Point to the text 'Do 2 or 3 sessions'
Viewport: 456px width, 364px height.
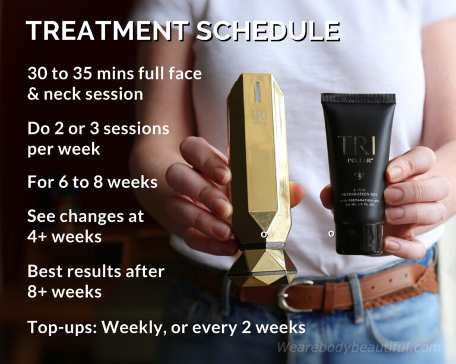coord(98,128)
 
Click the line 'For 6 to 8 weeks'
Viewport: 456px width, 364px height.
coord(92,181)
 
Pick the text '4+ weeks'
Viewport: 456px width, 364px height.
coord(65,236)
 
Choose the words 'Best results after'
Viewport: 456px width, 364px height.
coord(95,271)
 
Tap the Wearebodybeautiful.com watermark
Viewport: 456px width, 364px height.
coord(359,348)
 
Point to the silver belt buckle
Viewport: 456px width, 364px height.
coord(292,296)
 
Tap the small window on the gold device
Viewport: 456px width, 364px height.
coord(258,90)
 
